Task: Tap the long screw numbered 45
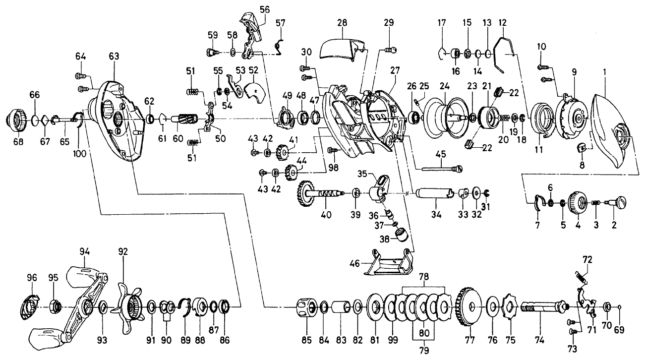click(x=441, y=168)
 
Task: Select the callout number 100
click(x=80, y=153)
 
